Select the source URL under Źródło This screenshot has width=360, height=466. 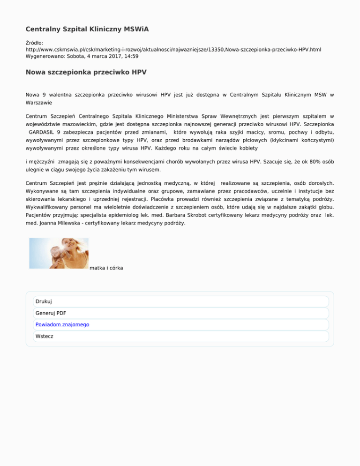tap(173, 49)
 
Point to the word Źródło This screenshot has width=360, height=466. tap(34, 42)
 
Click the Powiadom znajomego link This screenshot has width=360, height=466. tap(62, 324)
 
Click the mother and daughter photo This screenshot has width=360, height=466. tap(59, 253)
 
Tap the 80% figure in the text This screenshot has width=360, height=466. tap(303, 160)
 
